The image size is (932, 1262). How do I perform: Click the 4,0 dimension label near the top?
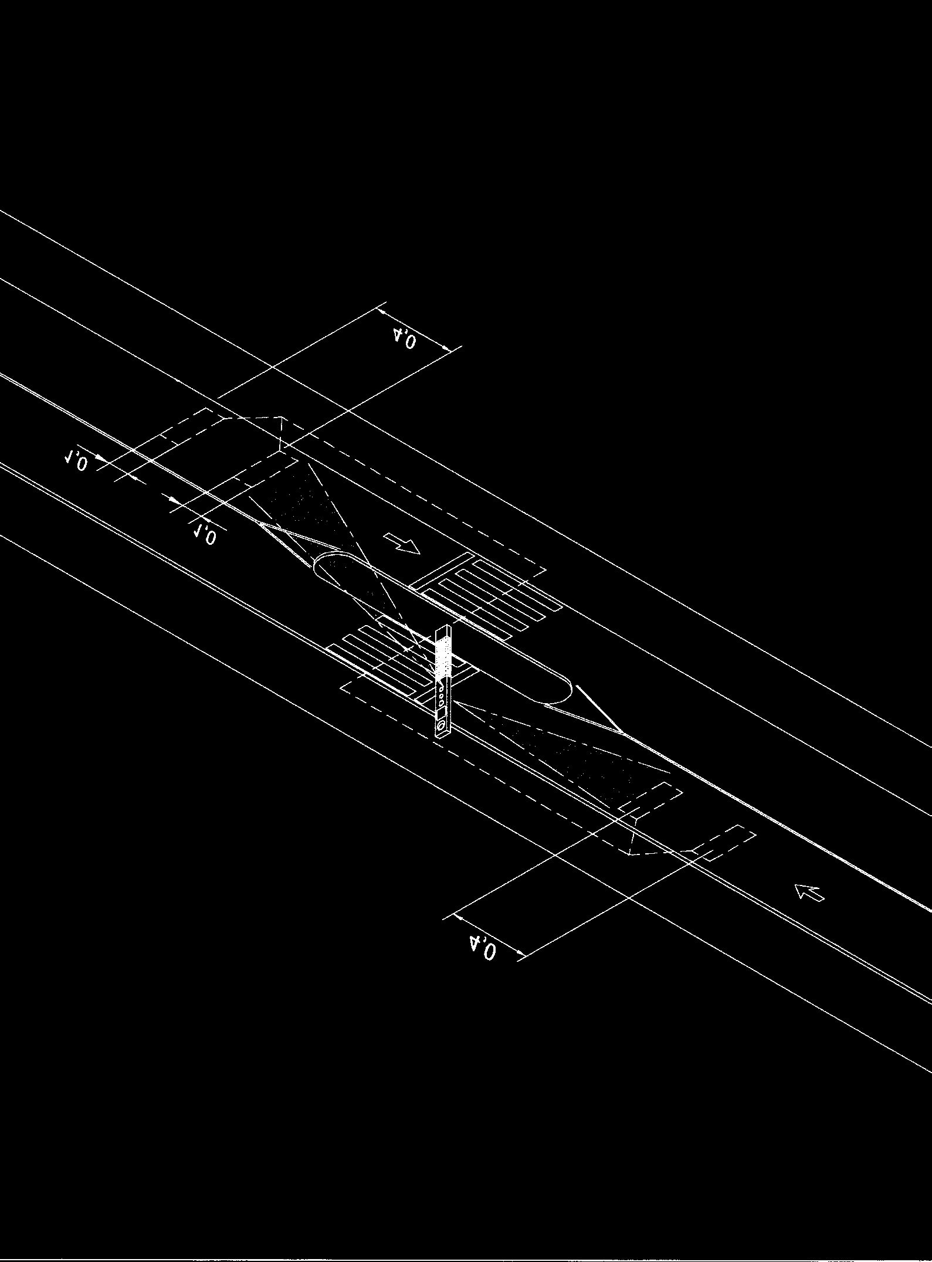click(x=405, y=339)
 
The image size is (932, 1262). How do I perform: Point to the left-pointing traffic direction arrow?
click(x=809, y=893)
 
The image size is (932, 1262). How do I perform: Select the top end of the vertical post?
click(x=444, y=628)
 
